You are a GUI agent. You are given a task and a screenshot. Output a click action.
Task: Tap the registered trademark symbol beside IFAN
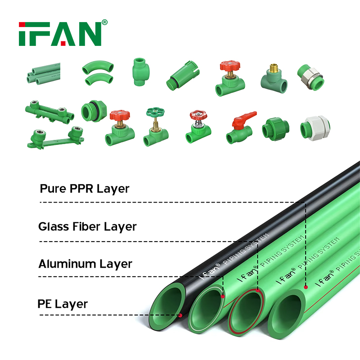point(104,22)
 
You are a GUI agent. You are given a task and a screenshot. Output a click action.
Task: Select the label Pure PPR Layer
point(85,189)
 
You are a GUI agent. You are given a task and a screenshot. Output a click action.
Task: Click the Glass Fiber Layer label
point(87,227)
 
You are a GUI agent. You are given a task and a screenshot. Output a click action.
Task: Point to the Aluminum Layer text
point(85,264)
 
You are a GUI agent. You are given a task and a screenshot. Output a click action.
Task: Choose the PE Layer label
point(63,304)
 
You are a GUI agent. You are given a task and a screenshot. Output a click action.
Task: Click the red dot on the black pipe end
point(180,315)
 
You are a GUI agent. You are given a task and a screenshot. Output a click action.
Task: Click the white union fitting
point(315,128)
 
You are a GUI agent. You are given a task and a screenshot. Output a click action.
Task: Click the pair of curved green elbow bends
point(98,73)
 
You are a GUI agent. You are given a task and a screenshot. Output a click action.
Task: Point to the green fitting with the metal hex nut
point(310,77)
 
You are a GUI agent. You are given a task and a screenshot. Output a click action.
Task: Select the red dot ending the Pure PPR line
point(306,287)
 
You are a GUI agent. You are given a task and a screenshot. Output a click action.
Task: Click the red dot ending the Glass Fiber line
point(257,291)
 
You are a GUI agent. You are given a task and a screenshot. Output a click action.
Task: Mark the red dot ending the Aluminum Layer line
point(223,297)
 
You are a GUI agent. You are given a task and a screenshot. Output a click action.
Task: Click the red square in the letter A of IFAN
point(63,43)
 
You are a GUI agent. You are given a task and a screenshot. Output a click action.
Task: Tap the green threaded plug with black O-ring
point(94,111)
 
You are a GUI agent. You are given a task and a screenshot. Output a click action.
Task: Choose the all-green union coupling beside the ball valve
point(275,129)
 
